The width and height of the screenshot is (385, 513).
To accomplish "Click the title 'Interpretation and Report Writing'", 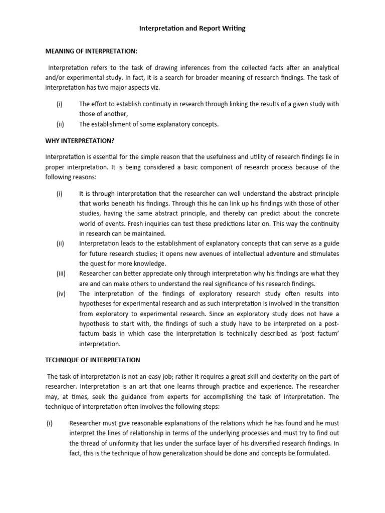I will (x=192, y=29).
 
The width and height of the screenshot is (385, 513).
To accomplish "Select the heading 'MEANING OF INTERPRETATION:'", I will (x=90, y=52).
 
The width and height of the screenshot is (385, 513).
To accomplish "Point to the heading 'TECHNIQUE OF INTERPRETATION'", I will (x=93, y=360).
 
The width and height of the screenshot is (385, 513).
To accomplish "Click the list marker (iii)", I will (x=60, y=274).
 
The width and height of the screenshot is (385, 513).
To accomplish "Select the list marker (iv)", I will (x=60, y=294).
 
